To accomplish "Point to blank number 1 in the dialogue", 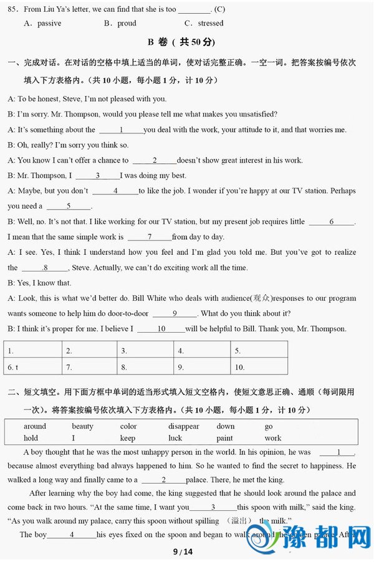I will click(x=121, y=130).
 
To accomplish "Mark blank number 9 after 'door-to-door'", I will click(x=175, y=313).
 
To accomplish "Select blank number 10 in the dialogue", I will click(x=161, y=328).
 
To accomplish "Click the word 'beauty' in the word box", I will click(x=82, y=426).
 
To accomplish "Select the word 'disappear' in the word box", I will click(x=184, y=426).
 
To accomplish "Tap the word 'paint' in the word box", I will click(x=225, y=438).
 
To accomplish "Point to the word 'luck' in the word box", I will click(x=175, y=438).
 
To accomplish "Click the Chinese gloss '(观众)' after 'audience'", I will click(x=261, y=298).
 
